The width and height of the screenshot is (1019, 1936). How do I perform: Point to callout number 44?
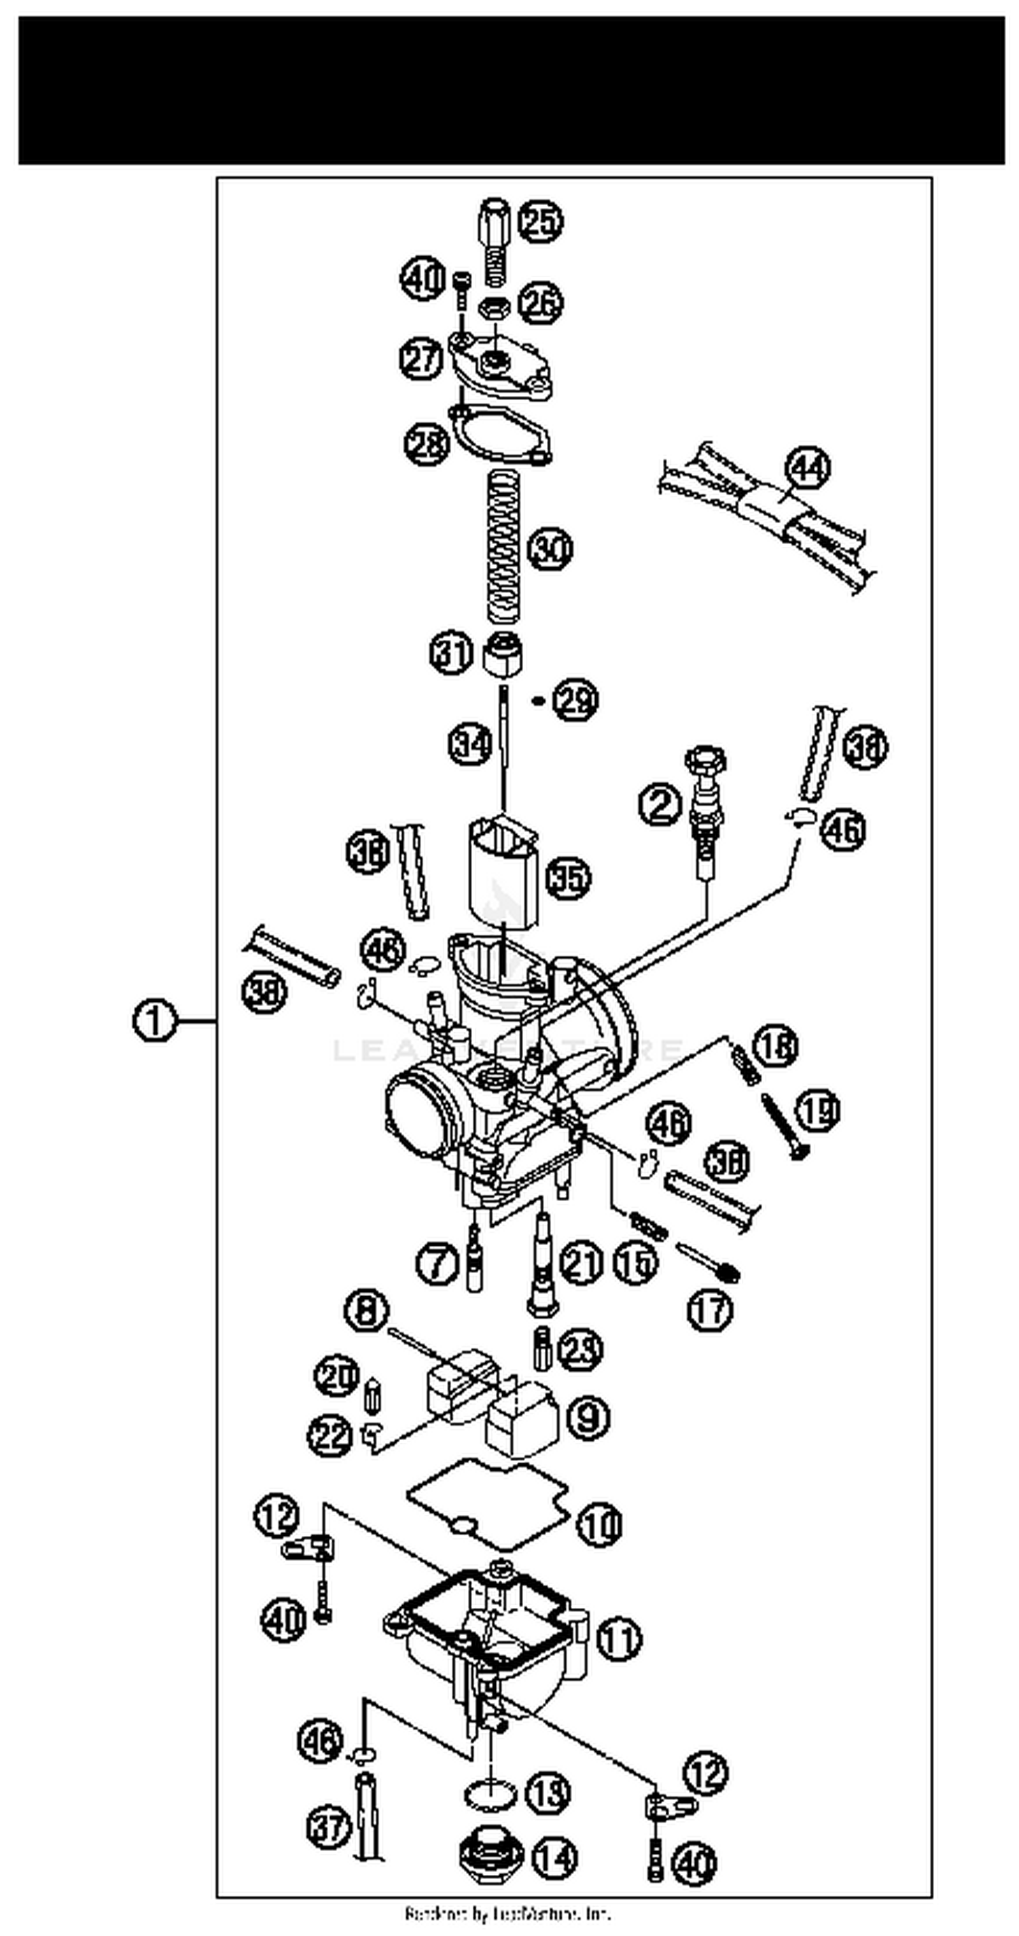tap(807, 468)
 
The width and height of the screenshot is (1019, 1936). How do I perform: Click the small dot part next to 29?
tap(537, 701)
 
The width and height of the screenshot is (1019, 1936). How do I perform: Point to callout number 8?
tap(367, 1312)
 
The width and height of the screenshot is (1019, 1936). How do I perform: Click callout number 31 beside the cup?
tap(451, 653)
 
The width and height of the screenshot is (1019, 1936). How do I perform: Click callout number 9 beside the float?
tap(588, 1418)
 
